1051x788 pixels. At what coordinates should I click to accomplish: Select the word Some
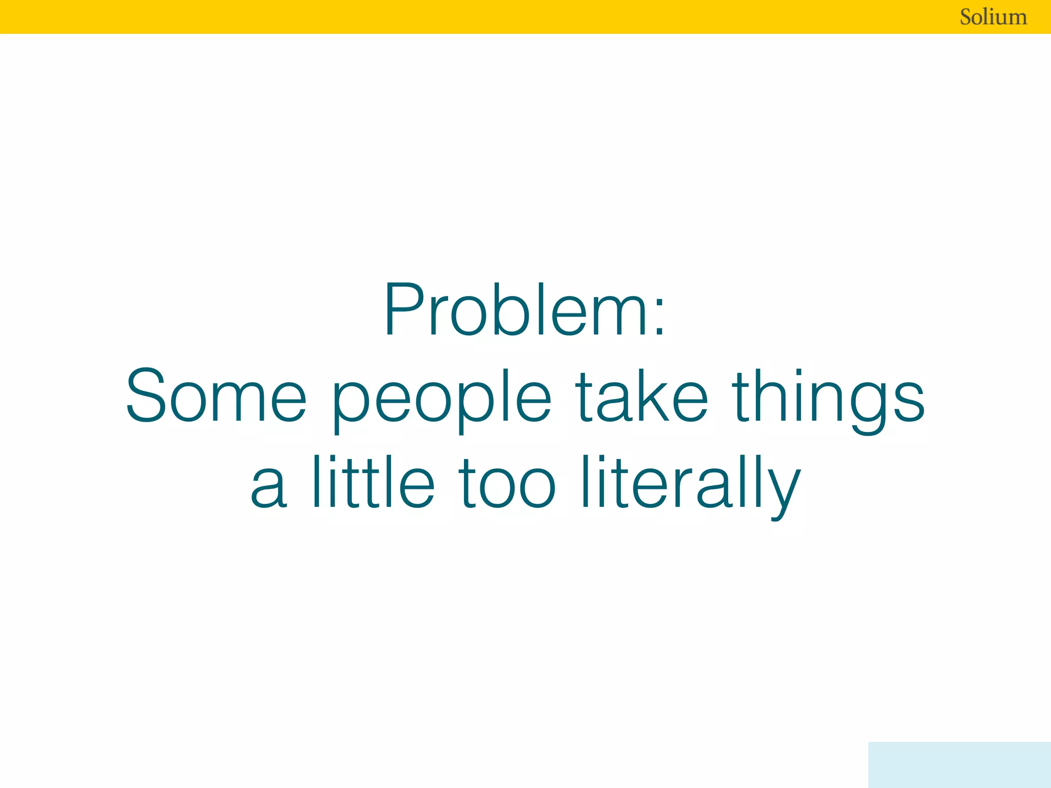tap(216, 396)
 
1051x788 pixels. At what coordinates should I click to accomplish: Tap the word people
tap(441, 398)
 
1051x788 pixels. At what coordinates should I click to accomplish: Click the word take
tap(641, 396)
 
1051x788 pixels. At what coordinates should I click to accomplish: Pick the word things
tap(828, 398)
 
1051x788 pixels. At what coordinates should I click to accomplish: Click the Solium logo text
tap(993, 17)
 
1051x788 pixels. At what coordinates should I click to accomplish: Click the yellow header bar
tap(462, 17)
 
